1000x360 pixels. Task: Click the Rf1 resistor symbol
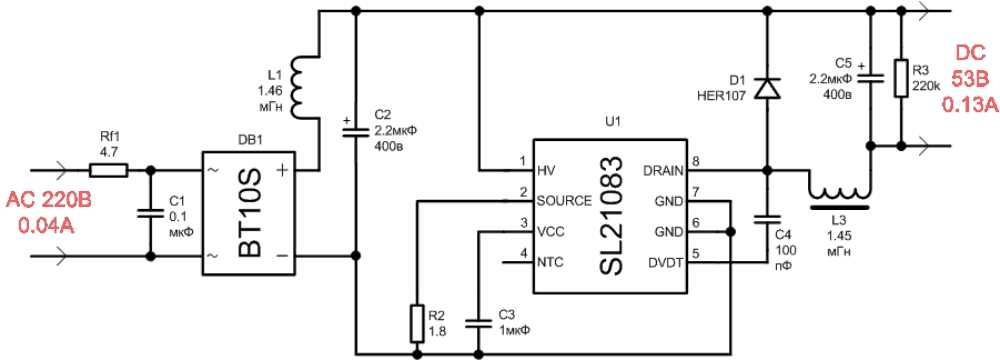tap(113, 170)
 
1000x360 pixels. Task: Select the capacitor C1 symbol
tap(150, 213)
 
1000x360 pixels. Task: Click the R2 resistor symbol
tap(416, 322)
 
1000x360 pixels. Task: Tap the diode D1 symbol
tap(767, 89)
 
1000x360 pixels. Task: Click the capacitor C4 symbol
tap(767, 217)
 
